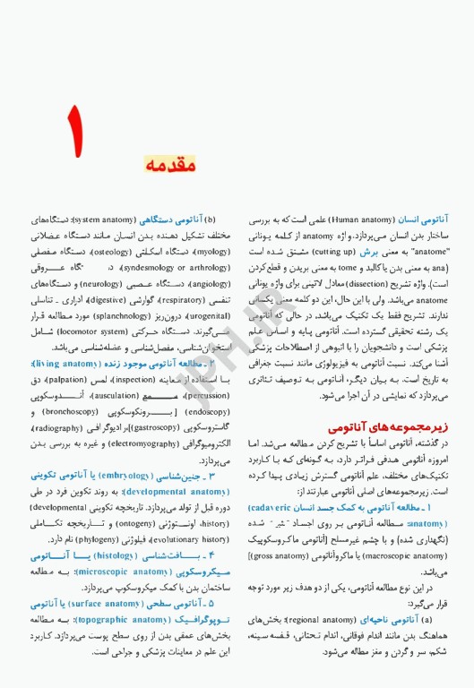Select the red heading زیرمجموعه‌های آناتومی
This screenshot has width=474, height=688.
[386, 429]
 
